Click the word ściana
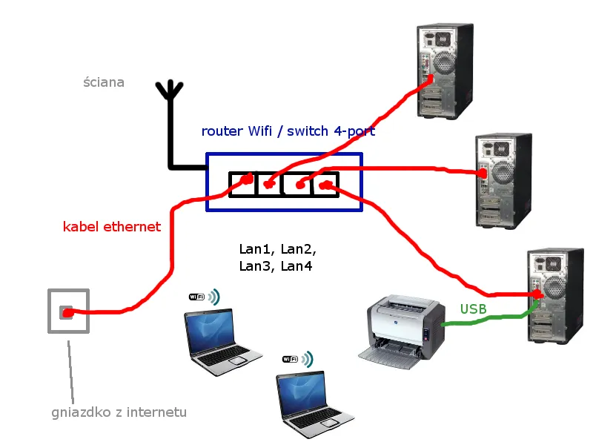point(104,82)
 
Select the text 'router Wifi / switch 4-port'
point(288,131)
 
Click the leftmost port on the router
point(242,184)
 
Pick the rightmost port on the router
point(325,184)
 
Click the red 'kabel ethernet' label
point(111,227)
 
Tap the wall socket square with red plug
point(67,311)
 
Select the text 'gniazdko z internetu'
point(119,412)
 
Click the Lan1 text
point(256,248)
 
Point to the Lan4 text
point(296,266)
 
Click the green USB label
point(474,309)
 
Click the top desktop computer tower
point(444,70)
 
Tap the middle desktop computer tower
point(503,179)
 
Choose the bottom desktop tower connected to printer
point(555,295)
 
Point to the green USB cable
point(489,319)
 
